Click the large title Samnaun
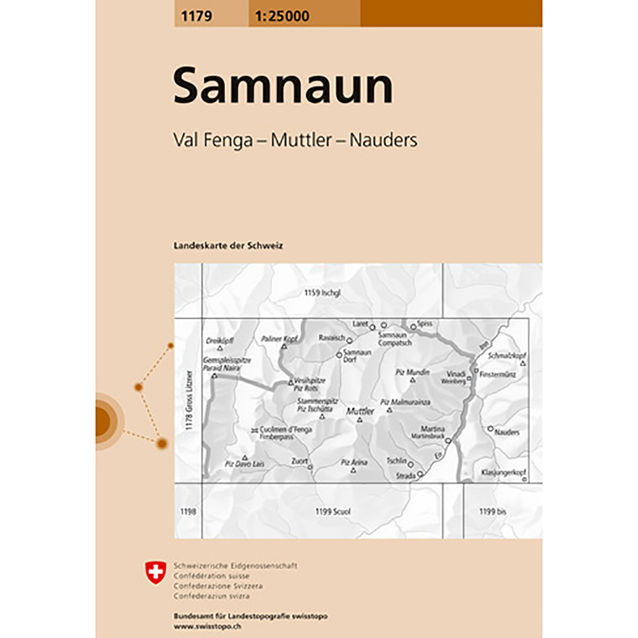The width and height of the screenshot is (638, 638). coord(283,86)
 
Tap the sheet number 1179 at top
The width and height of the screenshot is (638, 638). coord(196,16)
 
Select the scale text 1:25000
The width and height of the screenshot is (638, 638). coord(282,16)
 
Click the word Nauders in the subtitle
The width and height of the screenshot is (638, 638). coord(383,140)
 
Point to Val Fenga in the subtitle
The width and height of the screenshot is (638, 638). coord(213,140)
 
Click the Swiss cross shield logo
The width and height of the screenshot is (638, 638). coord(155,572)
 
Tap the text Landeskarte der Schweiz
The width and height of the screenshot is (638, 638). coord(228,246)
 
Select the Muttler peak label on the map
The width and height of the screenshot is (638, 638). coord(360,411)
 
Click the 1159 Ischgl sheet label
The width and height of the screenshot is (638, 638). coord(322,292)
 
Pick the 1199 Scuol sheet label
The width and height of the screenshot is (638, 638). coord(333,511)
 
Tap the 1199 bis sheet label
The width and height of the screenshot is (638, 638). coord(492,511)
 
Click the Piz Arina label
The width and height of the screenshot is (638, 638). coord(354,463)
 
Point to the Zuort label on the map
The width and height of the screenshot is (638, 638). coord(299,461)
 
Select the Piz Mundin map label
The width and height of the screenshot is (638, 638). coord(413,372)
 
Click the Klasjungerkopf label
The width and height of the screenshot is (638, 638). coord(503,472)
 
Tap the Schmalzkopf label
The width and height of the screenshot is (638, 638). coord(507,355)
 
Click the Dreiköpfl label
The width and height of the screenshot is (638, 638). coord(220,340)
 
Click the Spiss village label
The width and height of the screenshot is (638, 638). coord(424,323)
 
